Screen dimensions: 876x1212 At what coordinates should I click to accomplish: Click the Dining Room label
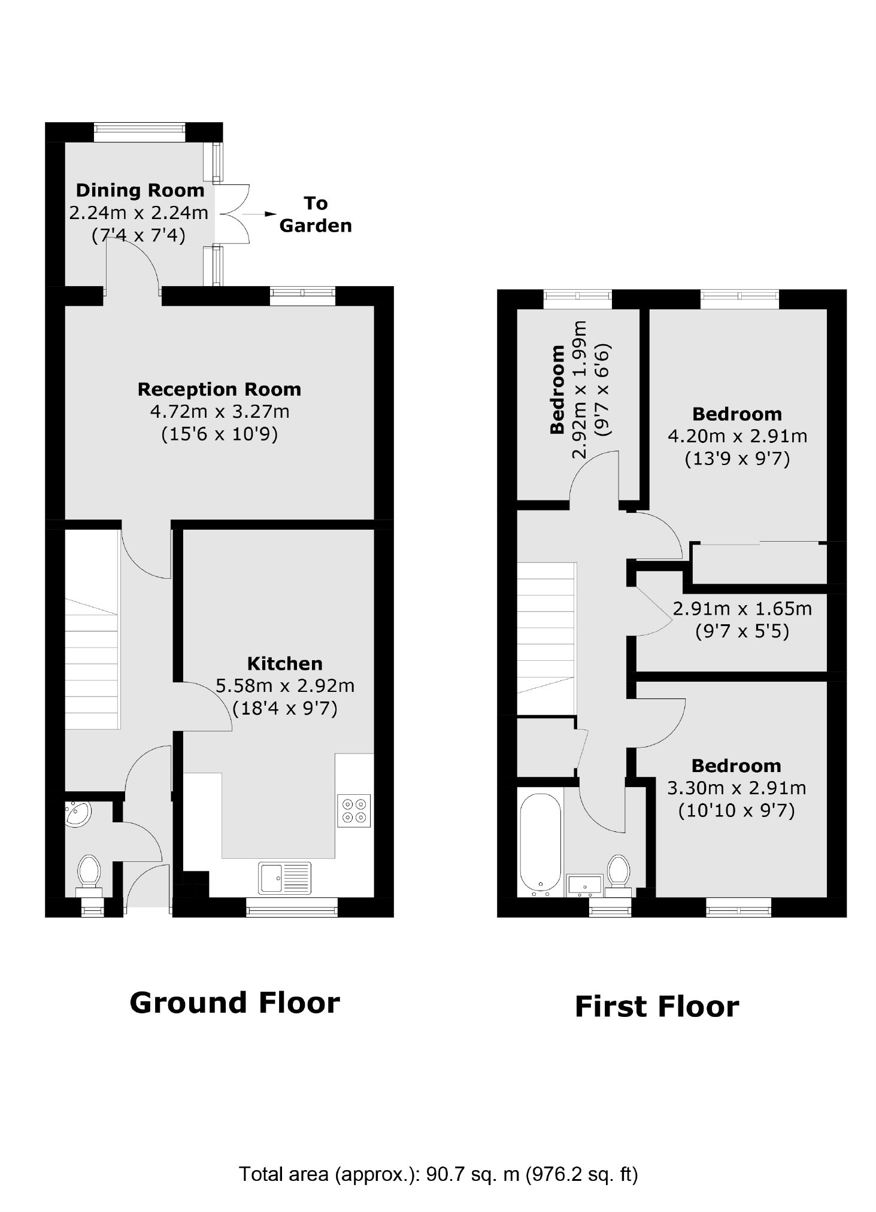click(x=140, y=190)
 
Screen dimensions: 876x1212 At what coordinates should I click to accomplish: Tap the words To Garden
click(x=316, y=214)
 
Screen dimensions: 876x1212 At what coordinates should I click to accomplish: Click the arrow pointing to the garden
click(x=260, y=214)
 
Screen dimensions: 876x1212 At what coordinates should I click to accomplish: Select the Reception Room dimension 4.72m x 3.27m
click(x=219, y=412)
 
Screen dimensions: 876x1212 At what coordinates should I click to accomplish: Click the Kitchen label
click(x=285, y=663)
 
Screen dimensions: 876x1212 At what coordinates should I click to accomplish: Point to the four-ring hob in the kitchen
click(x=354, y=810)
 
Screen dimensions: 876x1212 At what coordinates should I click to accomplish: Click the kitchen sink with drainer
click(x=285, y=877)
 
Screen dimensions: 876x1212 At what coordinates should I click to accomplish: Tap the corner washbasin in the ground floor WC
click(x=77, y=814)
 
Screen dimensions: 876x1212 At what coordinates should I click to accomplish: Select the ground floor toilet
click(x=89, y=876)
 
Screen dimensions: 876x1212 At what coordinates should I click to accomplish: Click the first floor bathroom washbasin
click(x=584, y=885)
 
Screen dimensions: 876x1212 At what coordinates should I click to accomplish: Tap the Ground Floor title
click(x=235, y=1003)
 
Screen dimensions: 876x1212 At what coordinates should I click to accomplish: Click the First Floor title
click(x=657, y=1007)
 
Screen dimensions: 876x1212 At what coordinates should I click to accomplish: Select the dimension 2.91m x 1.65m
click(x=742, y=609)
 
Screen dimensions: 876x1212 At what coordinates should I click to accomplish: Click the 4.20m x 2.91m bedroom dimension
click(x=737, y=436)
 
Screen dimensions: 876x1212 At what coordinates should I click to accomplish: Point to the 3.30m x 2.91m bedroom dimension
click(x=736, y=788)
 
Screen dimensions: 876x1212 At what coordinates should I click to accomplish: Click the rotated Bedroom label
click(x=557, y=389)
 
